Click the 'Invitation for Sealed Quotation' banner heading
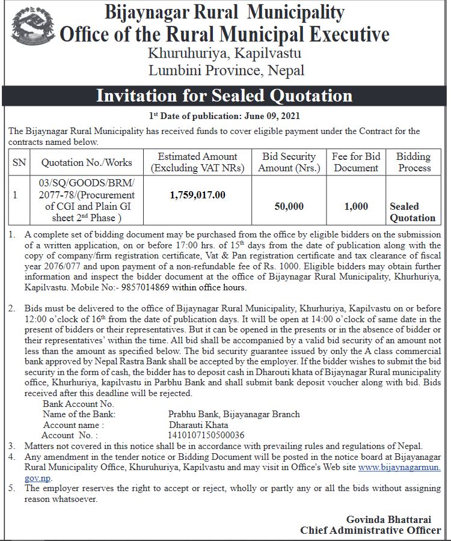[224, 96]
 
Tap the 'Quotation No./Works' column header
[87, 162]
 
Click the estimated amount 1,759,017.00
[198, 195]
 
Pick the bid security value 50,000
[289, 206]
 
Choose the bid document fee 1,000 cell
[356, 206]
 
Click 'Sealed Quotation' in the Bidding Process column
[412, 212]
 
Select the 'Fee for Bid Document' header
[356, 162]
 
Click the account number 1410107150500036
[207, 435]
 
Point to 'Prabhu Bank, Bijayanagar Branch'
[234, 414]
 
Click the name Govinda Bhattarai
[393, 519]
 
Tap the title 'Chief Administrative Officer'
[370, 530]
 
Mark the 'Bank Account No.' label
[78, 404]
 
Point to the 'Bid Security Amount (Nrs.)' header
[289, 162]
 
